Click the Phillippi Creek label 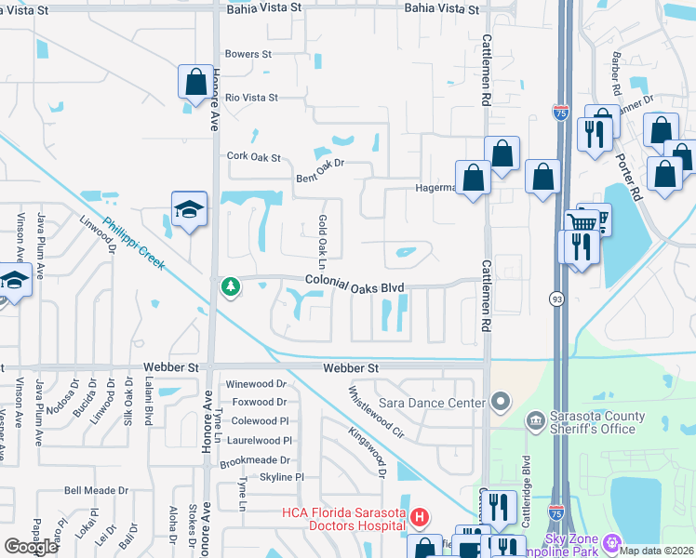point(134,244)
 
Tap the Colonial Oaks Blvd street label point(355,287)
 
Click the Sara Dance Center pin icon point(501,403)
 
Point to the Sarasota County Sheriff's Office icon point(535,421)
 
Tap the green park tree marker point(230,287)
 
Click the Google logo point(31,546)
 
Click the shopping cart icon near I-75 point(582,222)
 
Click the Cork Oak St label point(254,157)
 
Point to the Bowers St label point(248,54)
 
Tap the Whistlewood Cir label point(364,411)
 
